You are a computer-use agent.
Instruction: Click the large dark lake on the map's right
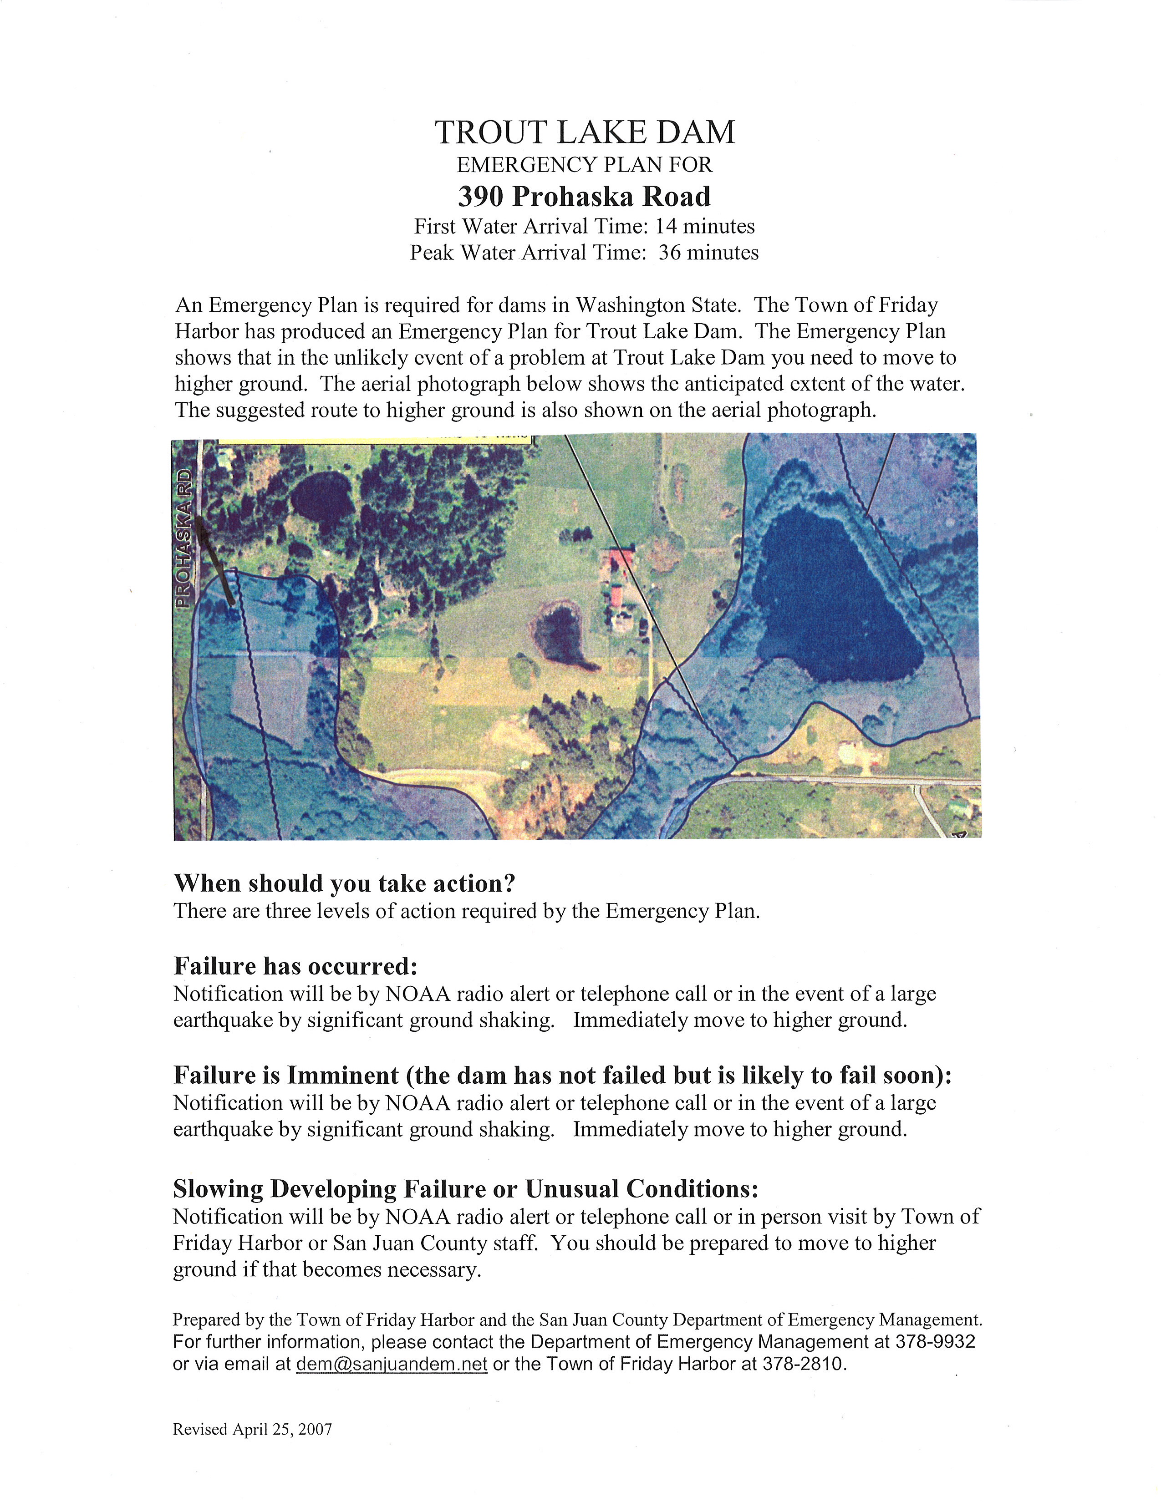tap(835, 605)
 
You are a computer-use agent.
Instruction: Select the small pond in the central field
tap(560, 629)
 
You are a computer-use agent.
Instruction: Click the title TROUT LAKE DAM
tap(585, 133)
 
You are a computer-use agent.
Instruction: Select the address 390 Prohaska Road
tap(585, 197)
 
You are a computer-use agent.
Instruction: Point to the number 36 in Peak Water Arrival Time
tap(670, 253)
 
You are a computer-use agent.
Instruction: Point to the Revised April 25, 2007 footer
tap(252, 1430)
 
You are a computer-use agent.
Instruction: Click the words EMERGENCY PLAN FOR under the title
tap(585, 165)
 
